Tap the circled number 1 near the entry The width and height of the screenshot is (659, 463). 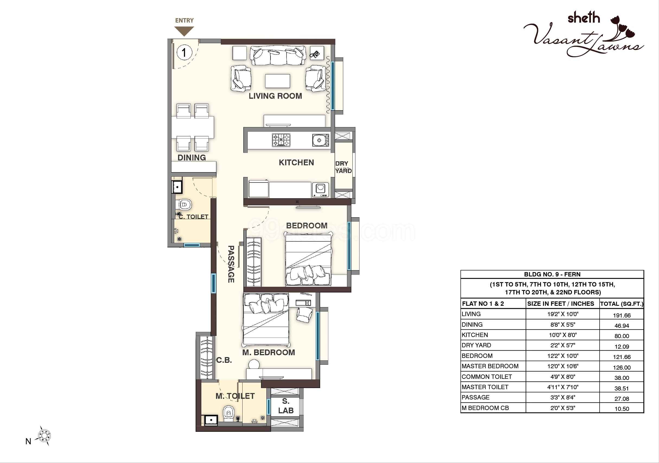(x=184, y=53)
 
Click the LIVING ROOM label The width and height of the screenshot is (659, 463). (x=275, y=96)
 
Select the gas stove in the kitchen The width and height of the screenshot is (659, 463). (x=281, y=140)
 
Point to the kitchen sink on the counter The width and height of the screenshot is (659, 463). (x=321, y=140)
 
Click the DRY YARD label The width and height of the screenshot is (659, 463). (x=343, y=167)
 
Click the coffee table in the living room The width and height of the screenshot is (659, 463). (x=278, y=81)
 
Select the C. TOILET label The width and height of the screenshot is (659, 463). (x=193, y=217)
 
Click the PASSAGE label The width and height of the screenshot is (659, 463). (x=231, y=264)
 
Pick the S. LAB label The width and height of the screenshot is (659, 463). (x=286, y=406)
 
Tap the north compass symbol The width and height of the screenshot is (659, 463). (x=45, y=436)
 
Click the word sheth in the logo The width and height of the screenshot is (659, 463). (x=584, y=18)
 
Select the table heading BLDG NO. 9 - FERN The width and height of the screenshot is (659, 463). (x=552, y=274)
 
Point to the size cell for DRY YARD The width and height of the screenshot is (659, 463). (x=563, y=345)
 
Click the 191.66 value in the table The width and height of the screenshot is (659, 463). (x=622, y=315)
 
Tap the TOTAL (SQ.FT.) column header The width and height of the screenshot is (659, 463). (x=622, y=304)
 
